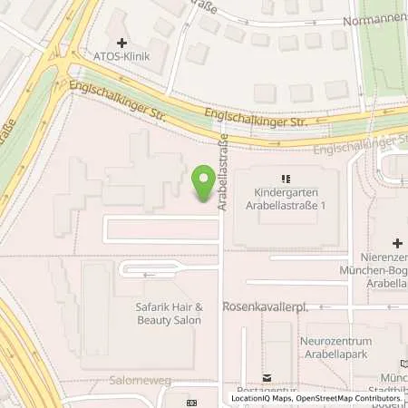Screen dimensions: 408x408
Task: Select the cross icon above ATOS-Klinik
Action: [121, 43]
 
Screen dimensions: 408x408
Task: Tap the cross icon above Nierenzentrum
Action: [396, 243]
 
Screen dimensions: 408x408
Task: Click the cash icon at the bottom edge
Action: [191, 402]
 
